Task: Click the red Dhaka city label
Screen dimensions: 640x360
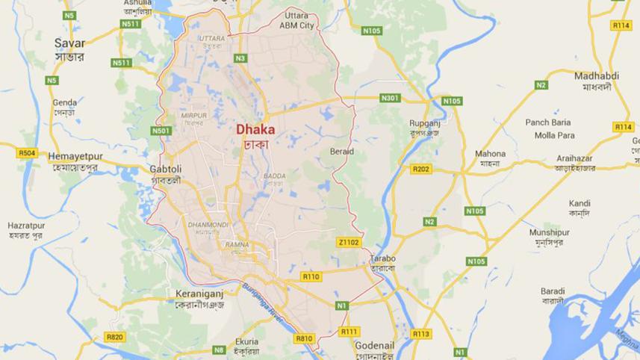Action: click(x=255, y=129)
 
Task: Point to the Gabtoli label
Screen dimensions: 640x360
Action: click(x=166, y=169)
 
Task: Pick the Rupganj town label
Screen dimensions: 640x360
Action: click(x=424, y=123)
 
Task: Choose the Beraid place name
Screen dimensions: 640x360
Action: click(x=341, y=152)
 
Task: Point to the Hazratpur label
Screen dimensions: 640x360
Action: click(x=26, y=225)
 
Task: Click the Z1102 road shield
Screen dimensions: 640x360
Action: click(x=349, y=242)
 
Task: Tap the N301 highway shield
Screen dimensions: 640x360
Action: click(x=389, y=98)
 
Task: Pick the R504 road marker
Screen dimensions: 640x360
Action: click(x=27, y=152)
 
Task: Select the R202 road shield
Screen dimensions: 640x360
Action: click(x=421, y=170)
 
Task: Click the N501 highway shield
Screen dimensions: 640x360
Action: click(x=161, y=131)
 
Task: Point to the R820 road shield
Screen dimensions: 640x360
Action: click(x=114, y=337)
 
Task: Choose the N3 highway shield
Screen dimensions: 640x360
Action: click(x=240, y=58)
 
